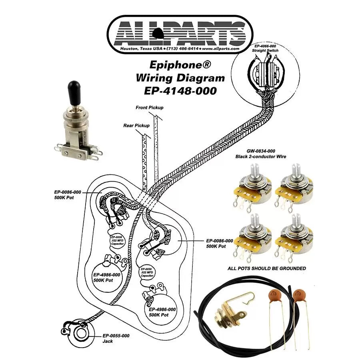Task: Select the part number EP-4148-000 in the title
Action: (x=180, y=91)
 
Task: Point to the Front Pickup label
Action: (x=150, y=108)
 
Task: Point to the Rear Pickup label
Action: (x=136, y=125)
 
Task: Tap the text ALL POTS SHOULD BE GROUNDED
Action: (x=266, y=268)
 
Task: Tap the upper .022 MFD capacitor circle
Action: (x=118, y=240)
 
